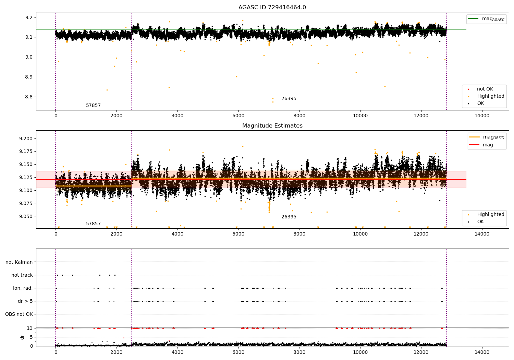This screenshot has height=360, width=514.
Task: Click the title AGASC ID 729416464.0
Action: [x=272, y=8]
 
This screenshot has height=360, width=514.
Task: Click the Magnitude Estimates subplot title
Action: [x=272, y=126]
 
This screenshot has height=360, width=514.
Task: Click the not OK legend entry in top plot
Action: [x=485, y=89]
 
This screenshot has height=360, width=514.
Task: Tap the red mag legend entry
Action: [x=488, y=145]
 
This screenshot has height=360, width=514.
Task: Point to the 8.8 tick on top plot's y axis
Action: [x=28, y=97]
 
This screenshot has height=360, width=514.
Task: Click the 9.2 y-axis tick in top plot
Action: [x=28, y=17]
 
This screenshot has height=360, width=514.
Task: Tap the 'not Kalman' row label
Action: [x=19, y=262]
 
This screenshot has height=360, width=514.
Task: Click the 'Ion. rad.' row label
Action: [x=23, y=288]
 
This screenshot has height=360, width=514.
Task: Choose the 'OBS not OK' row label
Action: [x=19, y=314]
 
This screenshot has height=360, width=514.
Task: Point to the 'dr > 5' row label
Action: [x=25, y=301]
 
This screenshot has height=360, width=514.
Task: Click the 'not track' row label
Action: [x=22, y=275]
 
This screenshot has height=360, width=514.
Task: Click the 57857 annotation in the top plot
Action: [x=93, y=106]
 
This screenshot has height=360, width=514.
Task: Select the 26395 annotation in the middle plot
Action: [x=289, y=217]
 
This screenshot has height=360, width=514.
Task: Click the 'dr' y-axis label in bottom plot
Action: [x=22, y=337]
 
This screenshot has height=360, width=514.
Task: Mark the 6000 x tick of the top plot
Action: [x=238, y=116]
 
